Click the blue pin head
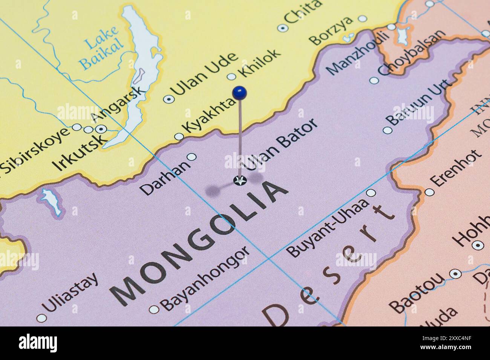[240, 92]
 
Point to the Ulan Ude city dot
[168, 99]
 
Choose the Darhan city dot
[192, 157]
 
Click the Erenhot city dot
[429, 192]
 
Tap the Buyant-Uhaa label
[327, 228]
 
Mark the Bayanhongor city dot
[153, 310]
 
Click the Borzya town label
[331, 30]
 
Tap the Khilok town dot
[231, 77]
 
